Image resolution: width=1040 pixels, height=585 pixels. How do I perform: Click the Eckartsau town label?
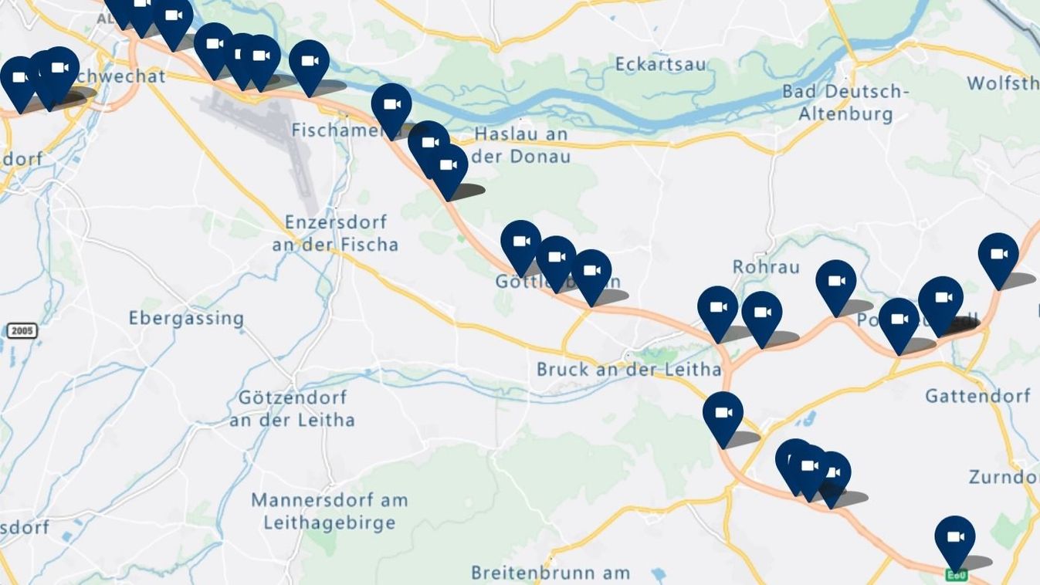(x=660, y=65)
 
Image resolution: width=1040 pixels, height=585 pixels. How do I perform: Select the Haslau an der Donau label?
(x=521, y=145)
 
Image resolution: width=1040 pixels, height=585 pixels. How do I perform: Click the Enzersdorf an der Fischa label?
(x=335, y=233)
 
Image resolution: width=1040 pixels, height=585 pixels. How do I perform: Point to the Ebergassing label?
(x=186, y=318)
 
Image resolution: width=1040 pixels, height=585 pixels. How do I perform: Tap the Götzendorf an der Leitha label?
(x=293, y=409)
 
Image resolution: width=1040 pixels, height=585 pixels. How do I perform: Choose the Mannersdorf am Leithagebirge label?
(x=329, y=511)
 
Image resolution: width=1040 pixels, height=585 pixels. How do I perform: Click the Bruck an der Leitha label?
(x=628, y=370)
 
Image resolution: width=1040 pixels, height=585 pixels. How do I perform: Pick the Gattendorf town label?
(x=977, y=396)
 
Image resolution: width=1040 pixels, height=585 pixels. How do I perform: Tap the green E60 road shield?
(x=956, y=575)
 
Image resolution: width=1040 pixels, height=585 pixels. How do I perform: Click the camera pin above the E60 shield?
(x=954, y=538)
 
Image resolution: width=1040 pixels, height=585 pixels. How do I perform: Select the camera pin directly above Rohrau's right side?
(x=835, y=282)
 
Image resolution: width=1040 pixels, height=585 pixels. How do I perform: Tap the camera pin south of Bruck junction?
(x=723, y=414)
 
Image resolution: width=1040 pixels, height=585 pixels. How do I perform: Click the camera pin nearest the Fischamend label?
(x=391, y=107)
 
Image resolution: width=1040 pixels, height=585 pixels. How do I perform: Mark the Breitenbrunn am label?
(x=550, y=573)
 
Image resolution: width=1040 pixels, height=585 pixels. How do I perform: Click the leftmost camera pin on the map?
(x=19, y=79)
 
